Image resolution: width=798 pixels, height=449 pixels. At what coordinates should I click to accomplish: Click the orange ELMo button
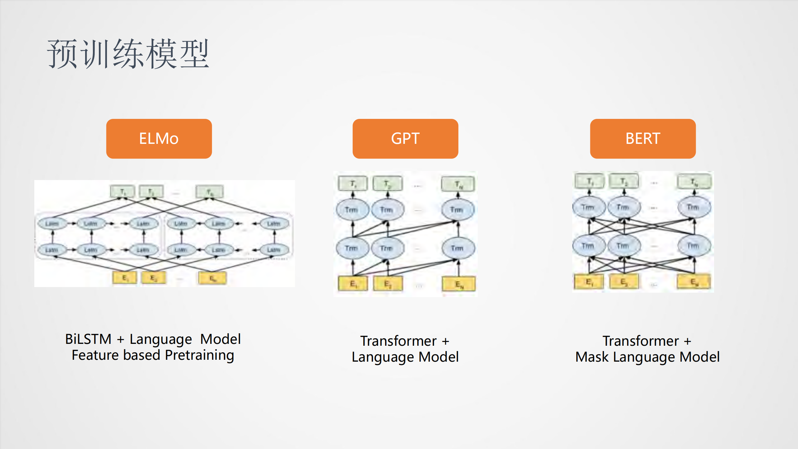pos(159,139)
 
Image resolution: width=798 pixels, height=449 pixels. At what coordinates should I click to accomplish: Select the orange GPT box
pos(405,139)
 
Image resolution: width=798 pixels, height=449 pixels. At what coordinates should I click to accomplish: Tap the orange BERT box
pos(642,139)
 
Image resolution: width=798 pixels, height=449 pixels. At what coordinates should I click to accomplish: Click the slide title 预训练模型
pos(128,54)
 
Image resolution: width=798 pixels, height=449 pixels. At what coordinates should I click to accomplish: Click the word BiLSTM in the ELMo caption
pos(88,339)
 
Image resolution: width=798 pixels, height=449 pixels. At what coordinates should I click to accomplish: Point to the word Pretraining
pos(199,355)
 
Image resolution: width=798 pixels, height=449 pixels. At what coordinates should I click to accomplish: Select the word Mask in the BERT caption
pos(592,357)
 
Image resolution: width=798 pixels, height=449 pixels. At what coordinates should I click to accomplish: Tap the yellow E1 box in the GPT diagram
pos(353,284)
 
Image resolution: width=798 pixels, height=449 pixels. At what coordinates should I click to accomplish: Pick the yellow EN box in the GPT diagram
pos(458,284)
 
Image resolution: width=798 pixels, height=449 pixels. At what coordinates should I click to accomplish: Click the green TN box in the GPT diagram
pos(458,184)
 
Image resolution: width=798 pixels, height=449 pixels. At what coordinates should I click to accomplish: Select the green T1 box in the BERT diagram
pos(589,181)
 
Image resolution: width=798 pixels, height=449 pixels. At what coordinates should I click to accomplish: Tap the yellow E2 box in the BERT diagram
pos(624,282)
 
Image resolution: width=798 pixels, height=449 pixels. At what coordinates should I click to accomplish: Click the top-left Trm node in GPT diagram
pos(352,210)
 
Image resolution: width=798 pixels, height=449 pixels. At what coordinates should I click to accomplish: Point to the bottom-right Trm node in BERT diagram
pos(694,246)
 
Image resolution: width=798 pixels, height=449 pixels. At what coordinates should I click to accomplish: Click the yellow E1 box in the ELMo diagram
pos(124,278)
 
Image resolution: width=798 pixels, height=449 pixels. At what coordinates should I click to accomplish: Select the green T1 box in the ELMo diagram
pos(123,191)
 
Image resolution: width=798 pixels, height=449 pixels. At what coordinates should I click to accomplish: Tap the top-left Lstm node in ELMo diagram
pos(52,223)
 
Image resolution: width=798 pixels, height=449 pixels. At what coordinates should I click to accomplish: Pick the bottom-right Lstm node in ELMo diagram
pos(273,250)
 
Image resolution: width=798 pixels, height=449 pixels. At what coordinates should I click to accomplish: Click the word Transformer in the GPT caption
pos(398,341)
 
